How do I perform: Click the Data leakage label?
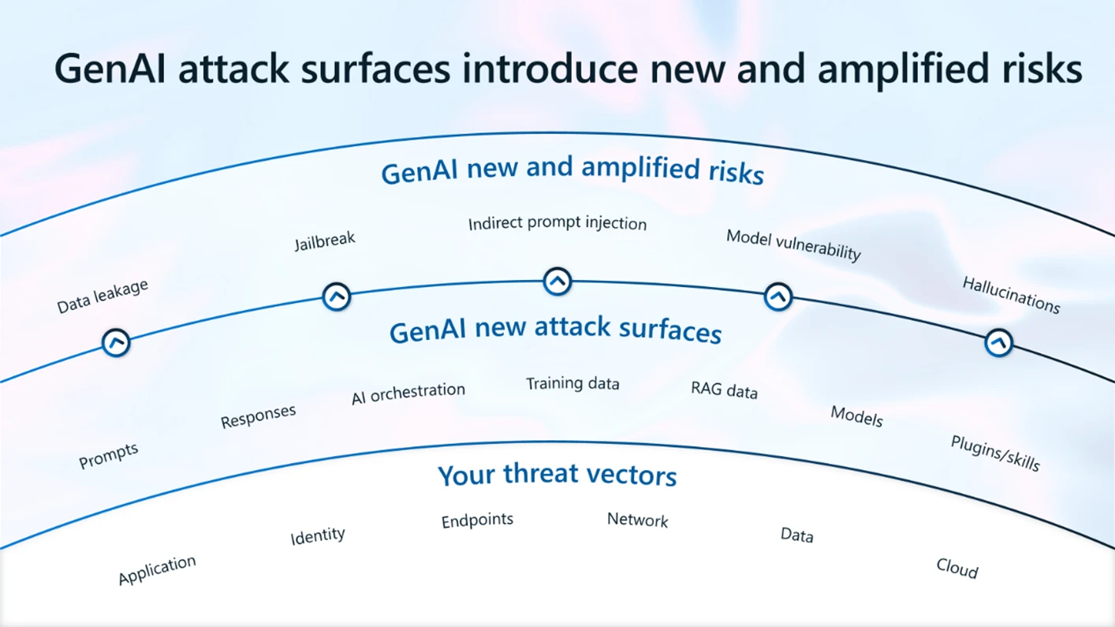[x=103, y=297]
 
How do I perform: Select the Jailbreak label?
[x=325, y=241]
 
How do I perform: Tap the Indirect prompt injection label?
[x=557, y=224]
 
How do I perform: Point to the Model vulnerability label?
[x=793, y=245]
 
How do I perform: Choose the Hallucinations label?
[x=1011, y=295]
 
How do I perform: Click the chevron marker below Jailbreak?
[x=337, y=297]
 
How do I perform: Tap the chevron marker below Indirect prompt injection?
[x=557, y=281]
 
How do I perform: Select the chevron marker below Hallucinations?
[x=998, y=343]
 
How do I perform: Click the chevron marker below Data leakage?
[x=116, y=343]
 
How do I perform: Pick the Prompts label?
[x=109, y=455]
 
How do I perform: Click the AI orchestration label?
[x=408, y=393]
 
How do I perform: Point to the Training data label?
[x=572, y=384]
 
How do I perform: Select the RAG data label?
[x=724, y=390]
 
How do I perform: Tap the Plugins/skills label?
[x=995, y=453]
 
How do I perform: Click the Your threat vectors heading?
[x=557, y=476]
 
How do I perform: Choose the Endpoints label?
[x=477, y=521]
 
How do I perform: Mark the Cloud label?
[x=957, y=568]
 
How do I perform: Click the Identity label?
[x=318, y=536]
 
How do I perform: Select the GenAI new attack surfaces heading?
[x=555, y=330]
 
